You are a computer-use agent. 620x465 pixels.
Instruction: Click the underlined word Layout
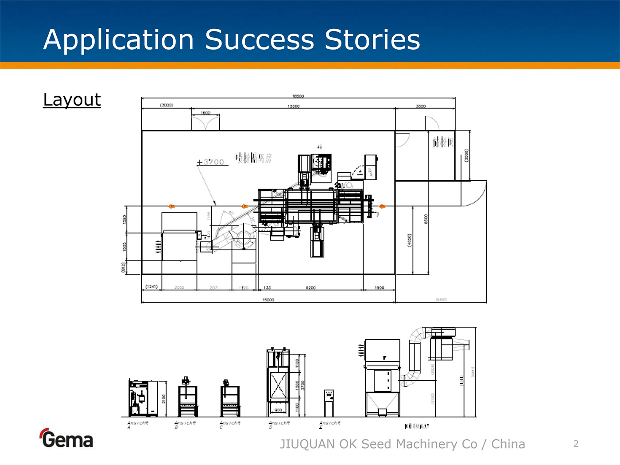[72, 100]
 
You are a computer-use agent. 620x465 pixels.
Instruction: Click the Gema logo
[66, 438]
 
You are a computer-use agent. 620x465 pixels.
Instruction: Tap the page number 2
[576, 444]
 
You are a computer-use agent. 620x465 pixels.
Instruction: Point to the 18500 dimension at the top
[298, 96]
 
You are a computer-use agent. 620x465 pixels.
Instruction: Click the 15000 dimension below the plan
[268, 300]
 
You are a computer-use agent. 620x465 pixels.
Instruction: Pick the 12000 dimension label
[293, 106]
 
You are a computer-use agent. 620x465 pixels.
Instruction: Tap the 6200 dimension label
[310, 288]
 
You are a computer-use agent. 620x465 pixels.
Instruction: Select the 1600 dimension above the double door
[205, 113]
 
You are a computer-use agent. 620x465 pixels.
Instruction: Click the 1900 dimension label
[379, 288]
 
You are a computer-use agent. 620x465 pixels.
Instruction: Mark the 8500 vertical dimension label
[426, 219]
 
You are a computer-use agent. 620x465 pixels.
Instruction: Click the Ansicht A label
[137, 424]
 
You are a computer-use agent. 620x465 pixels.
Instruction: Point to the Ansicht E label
[329, 424]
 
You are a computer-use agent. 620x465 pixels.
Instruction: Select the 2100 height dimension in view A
[163, 399]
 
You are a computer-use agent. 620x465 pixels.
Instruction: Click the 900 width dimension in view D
[278, 410]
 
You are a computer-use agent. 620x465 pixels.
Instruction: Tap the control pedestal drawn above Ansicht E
[329, 402]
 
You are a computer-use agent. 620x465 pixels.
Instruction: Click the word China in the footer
[508, 444]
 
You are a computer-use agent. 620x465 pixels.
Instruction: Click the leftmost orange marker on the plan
[171, 206]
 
